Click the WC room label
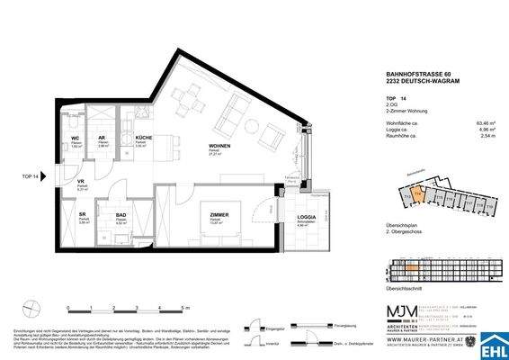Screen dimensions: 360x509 76,139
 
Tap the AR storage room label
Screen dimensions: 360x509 103,139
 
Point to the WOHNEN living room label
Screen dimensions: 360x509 220,146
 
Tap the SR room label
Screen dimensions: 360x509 83,213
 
